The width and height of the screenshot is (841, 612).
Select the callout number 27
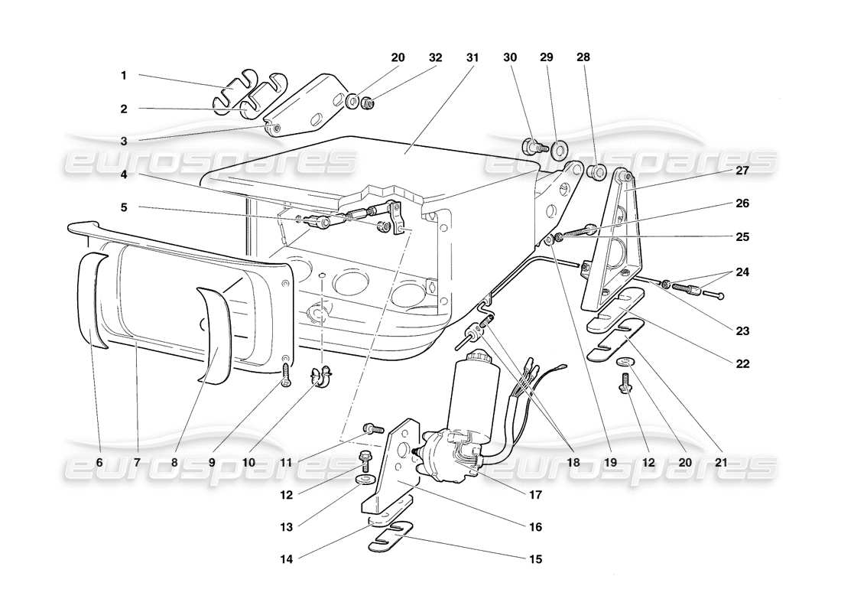click(742, 171)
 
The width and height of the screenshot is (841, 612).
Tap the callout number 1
click(123, 76)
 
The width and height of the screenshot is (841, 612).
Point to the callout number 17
click(534, 495)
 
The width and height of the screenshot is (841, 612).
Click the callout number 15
click(534, 559)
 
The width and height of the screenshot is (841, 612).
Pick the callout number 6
click(99, 463)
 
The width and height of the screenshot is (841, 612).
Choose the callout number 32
click(435, 57)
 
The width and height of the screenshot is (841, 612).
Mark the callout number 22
click(742, 364)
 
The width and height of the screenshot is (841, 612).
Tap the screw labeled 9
click(286, 375)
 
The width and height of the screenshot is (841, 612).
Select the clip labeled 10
click(321, 376)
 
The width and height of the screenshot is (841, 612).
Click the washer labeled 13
click(364, 480)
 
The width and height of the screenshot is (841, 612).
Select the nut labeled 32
click(368, 102)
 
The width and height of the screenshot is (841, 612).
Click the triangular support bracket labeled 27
click(618, 245)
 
